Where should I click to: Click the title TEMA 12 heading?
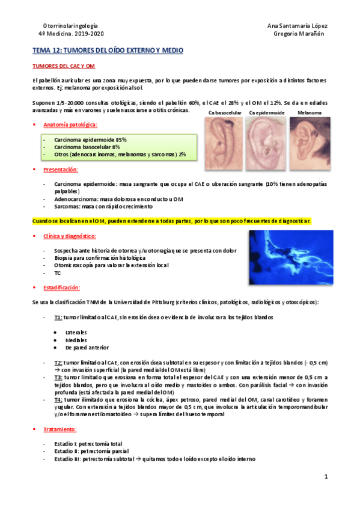(107, 52)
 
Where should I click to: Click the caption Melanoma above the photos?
(310, 112)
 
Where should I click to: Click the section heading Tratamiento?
(59, 429)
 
